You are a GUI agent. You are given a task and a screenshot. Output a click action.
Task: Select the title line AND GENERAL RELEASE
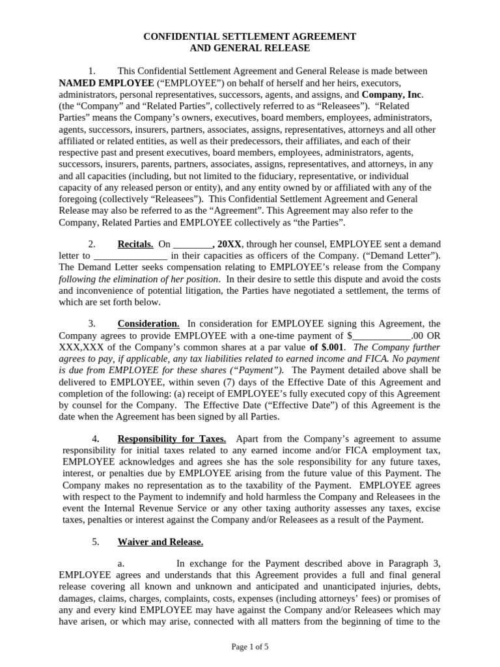click(x=249, y=48)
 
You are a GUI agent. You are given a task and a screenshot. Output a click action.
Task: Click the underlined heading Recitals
click(x=135, y=244)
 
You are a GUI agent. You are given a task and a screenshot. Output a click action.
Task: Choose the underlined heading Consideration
click(x=148, y=324)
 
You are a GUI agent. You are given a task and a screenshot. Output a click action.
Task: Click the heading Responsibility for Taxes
click(x=171, y=438)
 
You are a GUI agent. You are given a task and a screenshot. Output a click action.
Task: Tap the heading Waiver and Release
click(x=160, y=541)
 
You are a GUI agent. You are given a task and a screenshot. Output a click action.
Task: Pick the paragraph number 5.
click(x=95, y=541)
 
